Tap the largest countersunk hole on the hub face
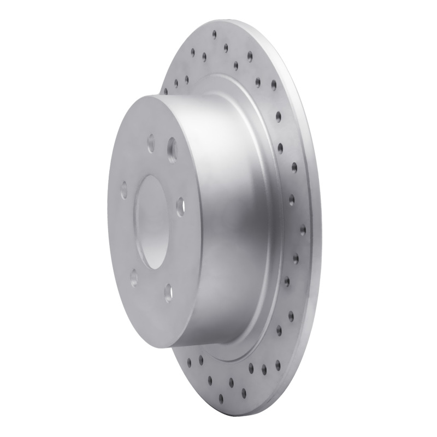tap(173, 147)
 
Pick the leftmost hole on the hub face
tap(124, 190)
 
